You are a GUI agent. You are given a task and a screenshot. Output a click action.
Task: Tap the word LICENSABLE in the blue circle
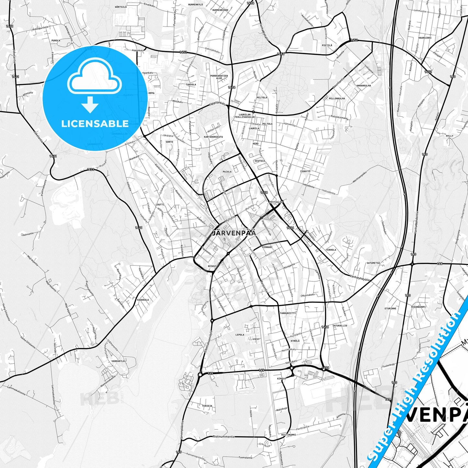(95, 123)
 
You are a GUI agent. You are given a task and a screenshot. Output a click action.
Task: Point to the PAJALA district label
(227, 172)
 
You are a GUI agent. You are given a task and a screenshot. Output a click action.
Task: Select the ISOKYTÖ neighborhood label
(305, 171)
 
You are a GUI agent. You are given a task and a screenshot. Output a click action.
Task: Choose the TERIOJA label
(207, 406)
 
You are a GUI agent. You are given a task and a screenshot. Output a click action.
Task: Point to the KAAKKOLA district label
(143, 300)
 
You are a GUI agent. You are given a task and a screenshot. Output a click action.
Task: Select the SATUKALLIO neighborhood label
(340, 325)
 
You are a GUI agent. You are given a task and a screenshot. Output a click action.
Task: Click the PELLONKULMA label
(337, 98)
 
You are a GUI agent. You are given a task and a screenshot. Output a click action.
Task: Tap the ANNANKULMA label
(363, 86)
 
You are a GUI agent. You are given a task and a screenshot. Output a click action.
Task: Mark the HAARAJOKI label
(425, 38)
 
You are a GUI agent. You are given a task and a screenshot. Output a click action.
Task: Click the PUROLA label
(56, 41)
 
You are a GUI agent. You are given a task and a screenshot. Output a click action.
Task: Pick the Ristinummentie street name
(223, 437)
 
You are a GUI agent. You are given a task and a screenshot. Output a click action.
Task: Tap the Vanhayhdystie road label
(360, 277)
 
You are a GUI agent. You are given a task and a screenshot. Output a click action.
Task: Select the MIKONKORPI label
(418, 307)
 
